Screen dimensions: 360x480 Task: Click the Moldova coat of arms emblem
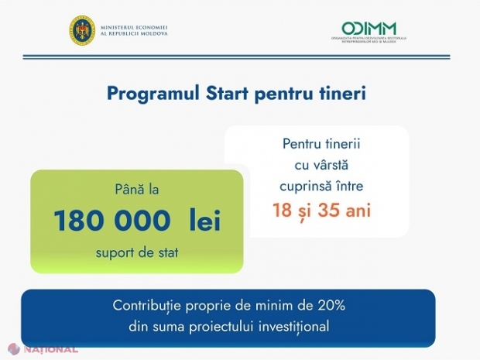click(82, 30)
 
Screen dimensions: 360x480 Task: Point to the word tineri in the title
click(341, 94)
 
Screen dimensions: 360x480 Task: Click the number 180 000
click(111, 221)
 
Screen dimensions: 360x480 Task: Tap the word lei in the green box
click(204, 221)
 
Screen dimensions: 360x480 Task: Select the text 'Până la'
click(136, 189)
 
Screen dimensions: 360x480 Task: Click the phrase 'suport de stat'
click(136, 252)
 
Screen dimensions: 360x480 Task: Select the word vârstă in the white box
click(338, 166)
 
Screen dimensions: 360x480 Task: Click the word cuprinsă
click(306, 186)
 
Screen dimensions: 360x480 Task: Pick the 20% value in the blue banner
click(330, 304)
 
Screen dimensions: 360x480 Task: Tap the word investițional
click(289, 326)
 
